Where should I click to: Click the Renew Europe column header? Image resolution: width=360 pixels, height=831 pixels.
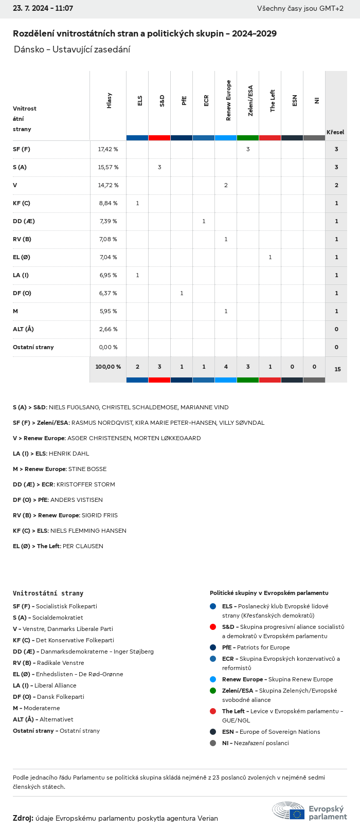(228, 101)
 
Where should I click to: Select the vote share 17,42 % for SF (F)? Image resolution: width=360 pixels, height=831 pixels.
(108, 149)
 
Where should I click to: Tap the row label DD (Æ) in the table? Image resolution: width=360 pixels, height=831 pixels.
(24, 221)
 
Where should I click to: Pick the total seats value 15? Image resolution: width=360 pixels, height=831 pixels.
(337, 369)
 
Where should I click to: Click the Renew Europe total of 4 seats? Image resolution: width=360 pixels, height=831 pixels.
(226, 367)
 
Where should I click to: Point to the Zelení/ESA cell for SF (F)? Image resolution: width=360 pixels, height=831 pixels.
(248, 149)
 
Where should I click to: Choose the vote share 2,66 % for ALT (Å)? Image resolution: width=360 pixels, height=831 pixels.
(108, 329)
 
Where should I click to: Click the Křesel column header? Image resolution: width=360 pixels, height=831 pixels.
(335, 132)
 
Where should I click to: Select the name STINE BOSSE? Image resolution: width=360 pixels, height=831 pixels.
(87, 469)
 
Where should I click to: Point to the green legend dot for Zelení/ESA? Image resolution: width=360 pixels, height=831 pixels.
(213, 691)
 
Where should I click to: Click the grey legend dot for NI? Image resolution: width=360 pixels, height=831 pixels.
(213, 743)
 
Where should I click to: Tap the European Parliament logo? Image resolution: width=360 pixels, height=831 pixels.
(310, 812)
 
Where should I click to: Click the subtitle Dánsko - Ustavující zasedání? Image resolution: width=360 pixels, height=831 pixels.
(72, 49)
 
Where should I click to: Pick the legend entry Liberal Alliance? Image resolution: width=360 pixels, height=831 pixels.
(55, 685)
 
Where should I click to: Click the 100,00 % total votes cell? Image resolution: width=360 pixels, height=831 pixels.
(108, 367)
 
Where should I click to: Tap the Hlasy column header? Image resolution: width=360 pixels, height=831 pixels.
(109, 101)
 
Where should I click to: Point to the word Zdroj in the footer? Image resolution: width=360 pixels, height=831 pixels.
(23, 818)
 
